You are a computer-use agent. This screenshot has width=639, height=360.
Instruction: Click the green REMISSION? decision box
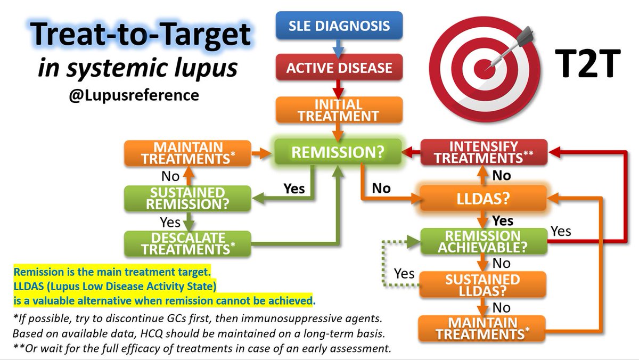(x=338, y=152)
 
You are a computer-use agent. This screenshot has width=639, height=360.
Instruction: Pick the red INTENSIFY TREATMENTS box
(x=484, y=152)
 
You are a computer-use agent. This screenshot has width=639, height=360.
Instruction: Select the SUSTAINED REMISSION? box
(x=187, y=198)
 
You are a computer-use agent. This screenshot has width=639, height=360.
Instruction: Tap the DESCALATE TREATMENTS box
(x=187, y=243)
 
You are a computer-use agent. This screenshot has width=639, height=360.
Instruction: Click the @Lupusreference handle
(x=134, y=96)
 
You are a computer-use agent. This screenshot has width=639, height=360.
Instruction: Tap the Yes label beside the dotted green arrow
(x=404, y=274)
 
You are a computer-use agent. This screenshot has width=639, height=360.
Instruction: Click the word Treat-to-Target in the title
(x=140, y=36)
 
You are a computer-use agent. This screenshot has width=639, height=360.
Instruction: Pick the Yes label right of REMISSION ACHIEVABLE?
(x=560, y=231)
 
